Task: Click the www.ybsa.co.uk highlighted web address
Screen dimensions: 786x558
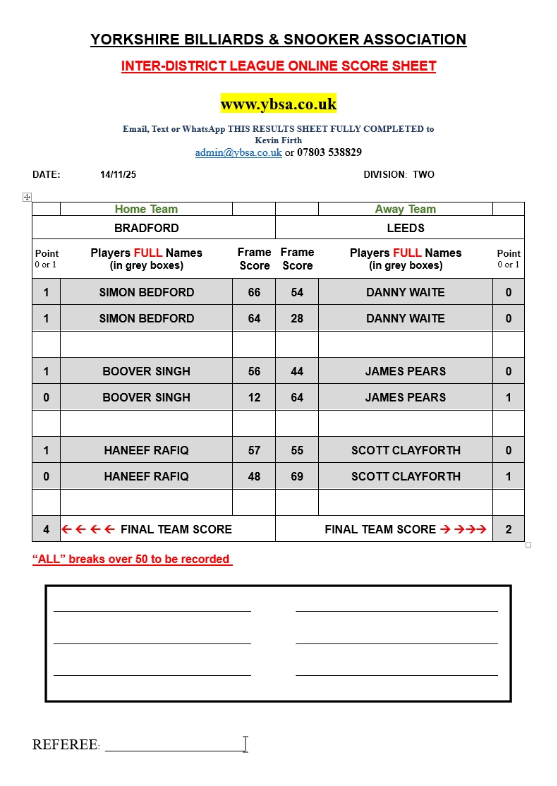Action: coord(279,104)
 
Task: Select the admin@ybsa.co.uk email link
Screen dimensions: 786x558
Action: coord(238,152)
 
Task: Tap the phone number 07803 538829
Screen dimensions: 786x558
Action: coord(329,152)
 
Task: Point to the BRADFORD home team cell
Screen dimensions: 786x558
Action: coord(147,228)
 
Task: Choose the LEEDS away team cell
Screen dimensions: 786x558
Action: coord(406,228)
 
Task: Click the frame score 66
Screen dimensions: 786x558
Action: coord(254,292)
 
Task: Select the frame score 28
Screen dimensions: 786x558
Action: coord(297,318)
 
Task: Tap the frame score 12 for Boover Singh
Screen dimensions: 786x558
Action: coord(254,397)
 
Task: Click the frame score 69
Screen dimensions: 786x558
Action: coord(297,476)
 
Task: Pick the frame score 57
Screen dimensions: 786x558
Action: coord(254,450)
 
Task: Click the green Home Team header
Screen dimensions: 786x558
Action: coord(146,209)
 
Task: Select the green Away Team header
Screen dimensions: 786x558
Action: coord(406,209)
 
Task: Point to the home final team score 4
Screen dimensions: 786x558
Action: coord(47,529)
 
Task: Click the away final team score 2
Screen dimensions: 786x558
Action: coord(509,529)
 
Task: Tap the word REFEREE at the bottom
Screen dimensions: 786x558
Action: coord(65,745)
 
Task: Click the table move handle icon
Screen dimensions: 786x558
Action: coord(28,198)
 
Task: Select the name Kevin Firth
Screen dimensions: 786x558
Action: coord(279,140)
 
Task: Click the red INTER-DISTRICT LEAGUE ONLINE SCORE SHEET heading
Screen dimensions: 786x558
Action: coord(279,66)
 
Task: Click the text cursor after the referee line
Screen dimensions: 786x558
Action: coord(245,744)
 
